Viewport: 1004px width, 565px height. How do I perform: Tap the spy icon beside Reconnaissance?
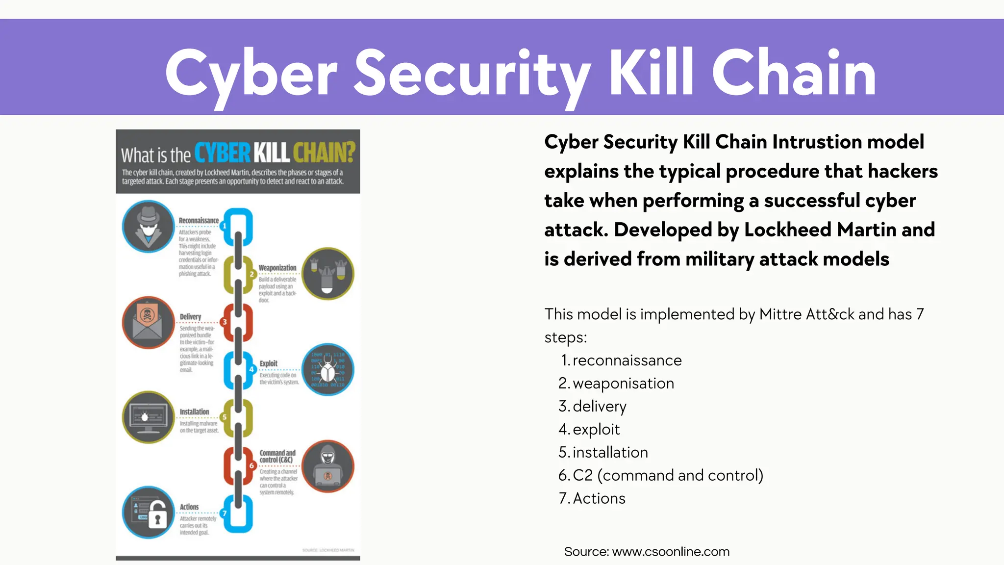(x=148, y=227)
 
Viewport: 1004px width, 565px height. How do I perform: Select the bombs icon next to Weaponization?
(x=327, y=274)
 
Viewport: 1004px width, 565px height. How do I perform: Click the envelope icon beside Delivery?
(x=148, y=323)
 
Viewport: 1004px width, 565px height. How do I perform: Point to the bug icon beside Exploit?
(x=327, y=369)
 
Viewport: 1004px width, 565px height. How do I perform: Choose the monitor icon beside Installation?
(x=148, y=417)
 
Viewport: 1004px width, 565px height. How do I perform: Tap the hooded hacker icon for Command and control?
(x=327, y=466)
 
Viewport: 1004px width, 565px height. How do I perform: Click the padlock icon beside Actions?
(x=148, y=513)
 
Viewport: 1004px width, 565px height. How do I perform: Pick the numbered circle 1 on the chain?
(x=225, y=226)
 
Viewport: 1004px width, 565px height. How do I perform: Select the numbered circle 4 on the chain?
(x=251, y=370)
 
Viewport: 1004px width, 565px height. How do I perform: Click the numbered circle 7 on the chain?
(x=225, y=514)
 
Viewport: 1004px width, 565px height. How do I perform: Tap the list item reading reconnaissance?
(x=627, y=360)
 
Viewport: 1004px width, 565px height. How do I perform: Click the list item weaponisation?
(x=623, y=384)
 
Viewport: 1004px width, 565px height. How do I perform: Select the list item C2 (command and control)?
(x=668, y=475)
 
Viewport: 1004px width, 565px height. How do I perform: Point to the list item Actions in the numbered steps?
(x=599, y=498)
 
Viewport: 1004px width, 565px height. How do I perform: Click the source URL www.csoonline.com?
(x=671, y=552)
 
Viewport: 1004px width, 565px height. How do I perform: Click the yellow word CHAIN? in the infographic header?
(x=324, y=153)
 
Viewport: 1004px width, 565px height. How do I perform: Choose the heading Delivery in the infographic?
(x=190, y=317)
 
